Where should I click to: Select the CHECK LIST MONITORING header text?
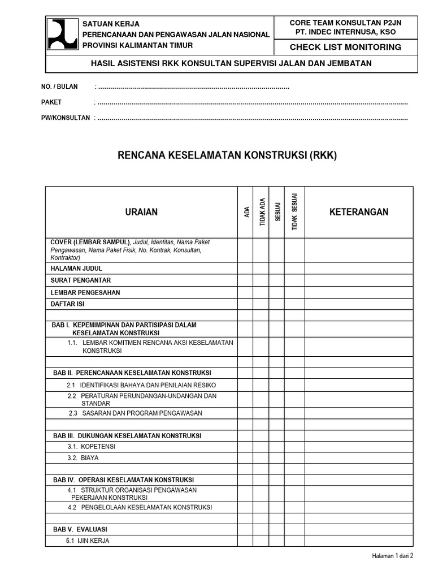[x=345, y=47]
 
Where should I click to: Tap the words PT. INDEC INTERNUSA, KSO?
[x=345, y=32]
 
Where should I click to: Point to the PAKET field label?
[x=51, y=102]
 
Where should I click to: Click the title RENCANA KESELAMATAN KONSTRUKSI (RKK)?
[x=227, y=155]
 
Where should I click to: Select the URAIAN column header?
[x=141, y=212]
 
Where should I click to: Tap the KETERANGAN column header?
[x=359, y=212]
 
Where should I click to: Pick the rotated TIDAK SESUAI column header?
[x=294, y=213]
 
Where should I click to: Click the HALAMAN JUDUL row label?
[x=77, y=269]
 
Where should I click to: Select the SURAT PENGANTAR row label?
[x=81, y=280]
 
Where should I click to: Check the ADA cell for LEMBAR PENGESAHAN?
[x=245, y=292]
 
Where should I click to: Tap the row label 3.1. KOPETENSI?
[x=91, y=446]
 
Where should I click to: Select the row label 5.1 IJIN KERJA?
[x=88, y=541]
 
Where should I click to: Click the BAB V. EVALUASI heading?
[x=80, y=529]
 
